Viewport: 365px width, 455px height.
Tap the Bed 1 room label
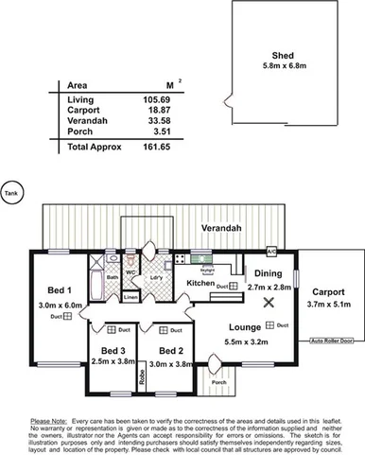(x=59, y=291)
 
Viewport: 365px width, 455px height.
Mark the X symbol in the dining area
(x=269, y=303)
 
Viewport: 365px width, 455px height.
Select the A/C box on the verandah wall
(x=271, y=252)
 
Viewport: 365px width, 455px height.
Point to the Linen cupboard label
(x=130, y=298)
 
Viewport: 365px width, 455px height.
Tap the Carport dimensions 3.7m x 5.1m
(x=328, y=305)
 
